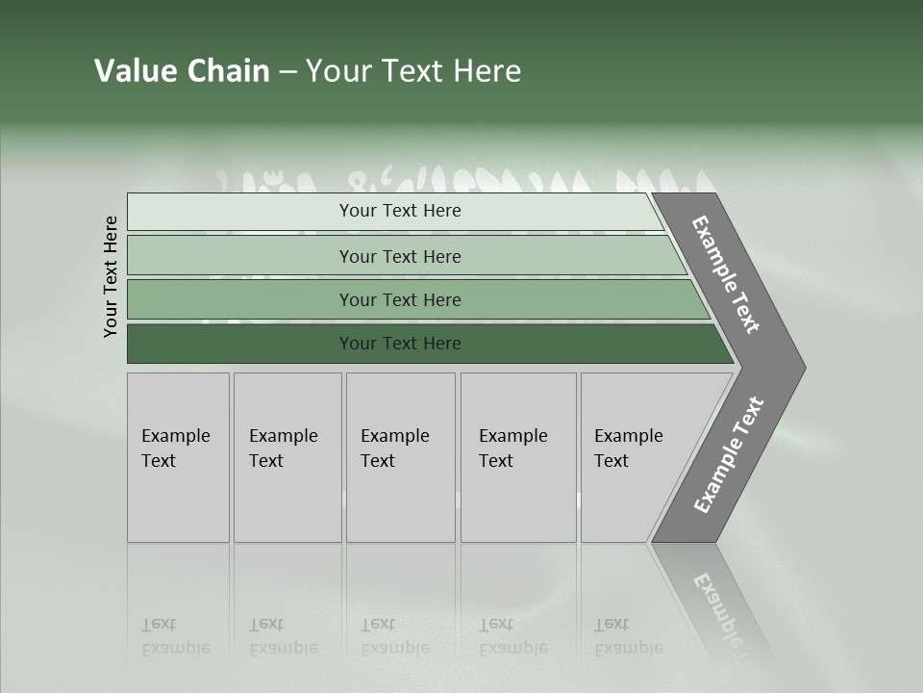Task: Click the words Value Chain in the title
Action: point(182,71)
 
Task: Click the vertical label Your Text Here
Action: point(111,276)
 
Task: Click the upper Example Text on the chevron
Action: point(726,275)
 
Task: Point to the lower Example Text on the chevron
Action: point(729,455)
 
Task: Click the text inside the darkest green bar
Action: point(400,344)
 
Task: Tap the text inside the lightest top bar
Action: point(400,211)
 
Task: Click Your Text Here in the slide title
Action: point(413,71)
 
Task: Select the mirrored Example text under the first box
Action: point(175,647)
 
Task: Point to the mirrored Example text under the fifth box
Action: point(628,647)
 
